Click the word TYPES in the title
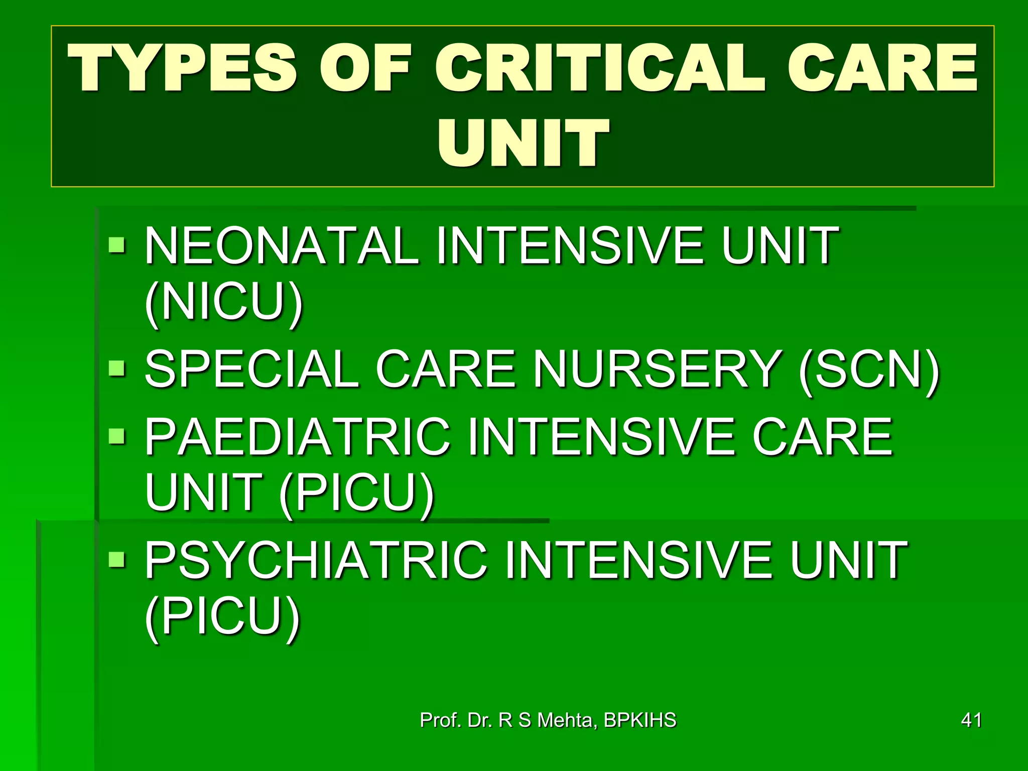tap(183, 68)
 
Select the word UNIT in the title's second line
tap(523, 143)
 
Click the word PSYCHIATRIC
tap(316, 560)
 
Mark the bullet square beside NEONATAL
tap(117, 245)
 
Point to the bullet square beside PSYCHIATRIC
tap(117, 558)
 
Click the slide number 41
tap(971, 720)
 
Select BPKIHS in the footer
tap(639, 720)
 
